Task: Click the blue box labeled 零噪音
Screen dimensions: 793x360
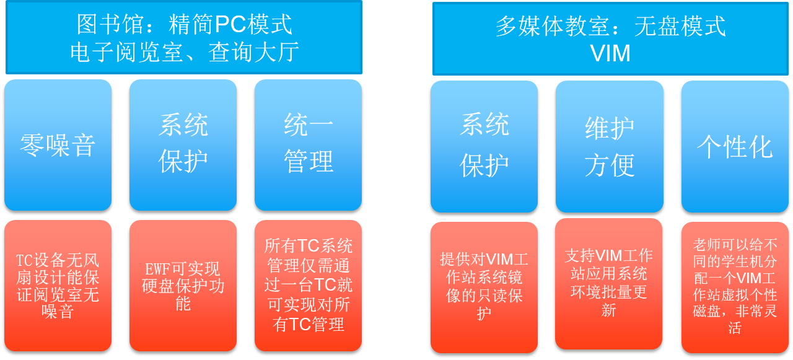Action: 58,145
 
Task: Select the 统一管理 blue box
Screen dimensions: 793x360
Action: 308,145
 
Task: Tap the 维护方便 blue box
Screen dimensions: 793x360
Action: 609,147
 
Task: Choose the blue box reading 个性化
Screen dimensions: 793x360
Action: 735,147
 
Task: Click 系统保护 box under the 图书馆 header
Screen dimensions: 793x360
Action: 183,145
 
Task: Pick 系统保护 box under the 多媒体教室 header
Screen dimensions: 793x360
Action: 484,147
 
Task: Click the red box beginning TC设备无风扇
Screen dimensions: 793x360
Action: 58,286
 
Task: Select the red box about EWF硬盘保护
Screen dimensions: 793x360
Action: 183,286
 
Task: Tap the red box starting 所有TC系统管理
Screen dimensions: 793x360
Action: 308,286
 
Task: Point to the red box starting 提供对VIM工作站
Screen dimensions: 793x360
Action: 484,288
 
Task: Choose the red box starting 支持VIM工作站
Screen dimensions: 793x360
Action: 608,284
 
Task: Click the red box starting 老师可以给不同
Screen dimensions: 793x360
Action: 735,288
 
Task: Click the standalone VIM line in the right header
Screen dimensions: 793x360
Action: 610,53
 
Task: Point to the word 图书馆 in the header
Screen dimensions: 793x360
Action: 110,24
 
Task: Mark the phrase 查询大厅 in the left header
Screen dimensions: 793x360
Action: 253,52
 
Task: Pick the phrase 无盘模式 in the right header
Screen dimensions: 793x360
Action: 680,26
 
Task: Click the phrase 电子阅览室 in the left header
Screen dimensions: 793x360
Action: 126,52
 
